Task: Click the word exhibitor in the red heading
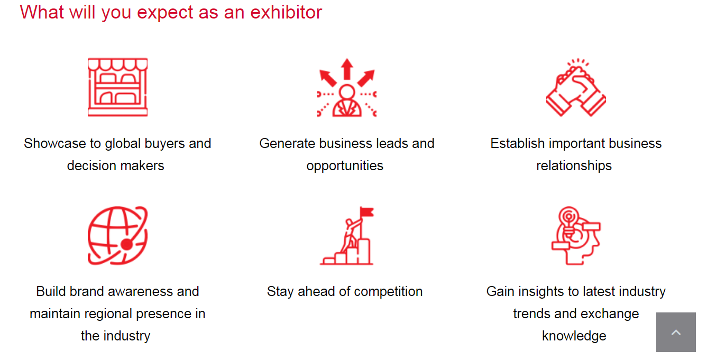tap(286, 12)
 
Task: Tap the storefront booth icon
tap(117, 87)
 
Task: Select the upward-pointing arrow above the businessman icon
tap(347, 69)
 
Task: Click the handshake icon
tap(576, 87)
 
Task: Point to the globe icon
tap(117, 236)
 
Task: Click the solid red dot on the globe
tap(127, 245)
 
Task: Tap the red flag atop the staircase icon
tap(367, 212)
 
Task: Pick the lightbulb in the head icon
tap(568, 221)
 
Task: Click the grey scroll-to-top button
tap(676, 332)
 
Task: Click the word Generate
tap(287, 144)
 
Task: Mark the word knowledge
tap(574, 336)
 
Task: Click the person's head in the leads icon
tap(347, 92)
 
